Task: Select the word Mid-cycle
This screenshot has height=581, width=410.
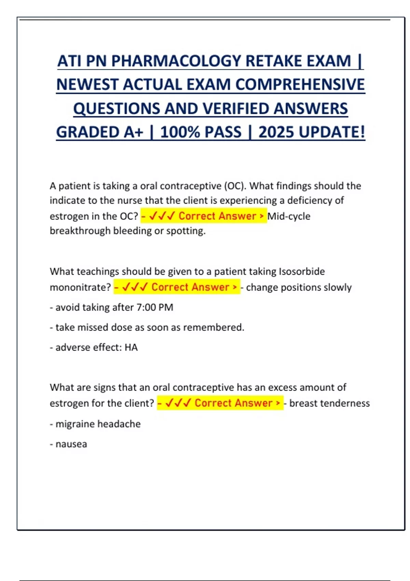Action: [x=289, y=216]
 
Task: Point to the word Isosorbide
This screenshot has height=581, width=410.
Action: [x=302, y=271]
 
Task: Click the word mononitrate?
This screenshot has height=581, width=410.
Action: [x=80, y=287]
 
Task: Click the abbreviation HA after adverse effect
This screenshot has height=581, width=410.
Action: [x=131, y=348]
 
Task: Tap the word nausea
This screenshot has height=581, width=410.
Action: [x=71, y=444]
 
